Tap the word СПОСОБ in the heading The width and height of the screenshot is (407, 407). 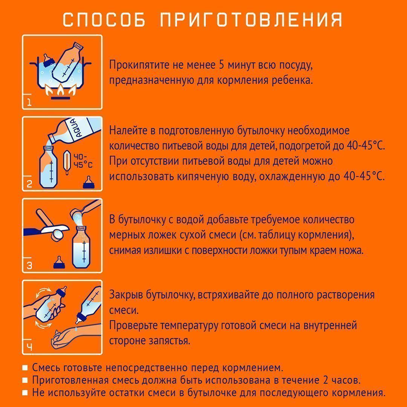104,20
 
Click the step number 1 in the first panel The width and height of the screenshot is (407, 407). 29,102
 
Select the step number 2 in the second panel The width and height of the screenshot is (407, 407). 29,184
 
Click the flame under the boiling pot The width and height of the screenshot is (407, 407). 60,90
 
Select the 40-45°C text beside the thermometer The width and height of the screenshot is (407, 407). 82,160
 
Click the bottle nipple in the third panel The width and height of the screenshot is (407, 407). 58,262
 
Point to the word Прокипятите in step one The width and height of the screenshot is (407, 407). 138,65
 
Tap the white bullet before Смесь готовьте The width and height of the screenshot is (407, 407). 25,367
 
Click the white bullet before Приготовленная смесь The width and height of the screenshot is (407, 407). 25,380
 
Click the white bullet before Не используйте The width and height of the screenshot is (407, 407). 25,393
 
